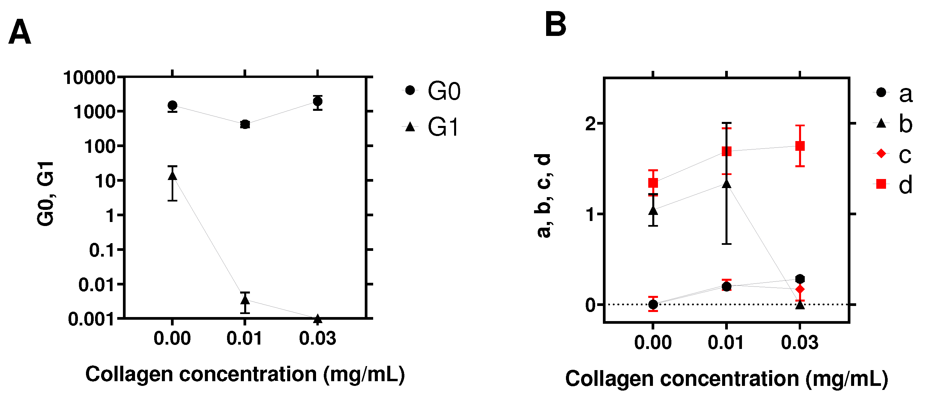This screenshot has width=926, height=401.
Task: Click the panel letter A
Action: (20, 32)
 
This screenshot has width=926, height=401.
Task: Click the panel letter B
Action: (556, 25)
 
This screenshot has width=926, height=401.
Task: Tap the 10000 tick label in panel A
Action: (89, 78)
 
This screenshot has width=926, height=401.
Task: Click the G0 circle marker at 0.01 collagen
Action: (245, 124)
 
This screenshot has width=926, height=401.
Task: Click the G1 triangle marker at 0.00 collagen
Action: (173, 176)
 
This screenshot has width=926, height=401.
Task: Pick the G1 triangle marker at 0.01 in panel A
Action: (245, 299)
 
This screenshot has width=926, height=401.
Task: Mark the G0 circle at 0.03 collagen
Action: (317, 101)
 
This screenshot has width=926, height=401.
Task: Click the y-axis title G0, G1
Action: (46, 194)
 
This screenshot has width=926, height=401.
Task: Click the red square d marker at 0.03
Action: (800, 146)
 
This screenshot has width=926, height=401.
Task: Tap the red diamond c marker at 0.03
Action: (800, 289)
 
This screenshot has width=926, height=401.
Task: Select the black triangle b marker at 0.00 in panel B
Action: (653, 210)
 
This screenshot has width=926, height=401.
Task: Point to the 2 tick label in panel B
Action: (590, 124)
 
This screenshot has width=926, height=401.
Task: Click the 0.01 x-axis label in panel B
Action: (726, 343)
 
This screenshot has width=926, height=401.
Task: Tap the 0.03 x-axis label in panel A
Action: (317, 339)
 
